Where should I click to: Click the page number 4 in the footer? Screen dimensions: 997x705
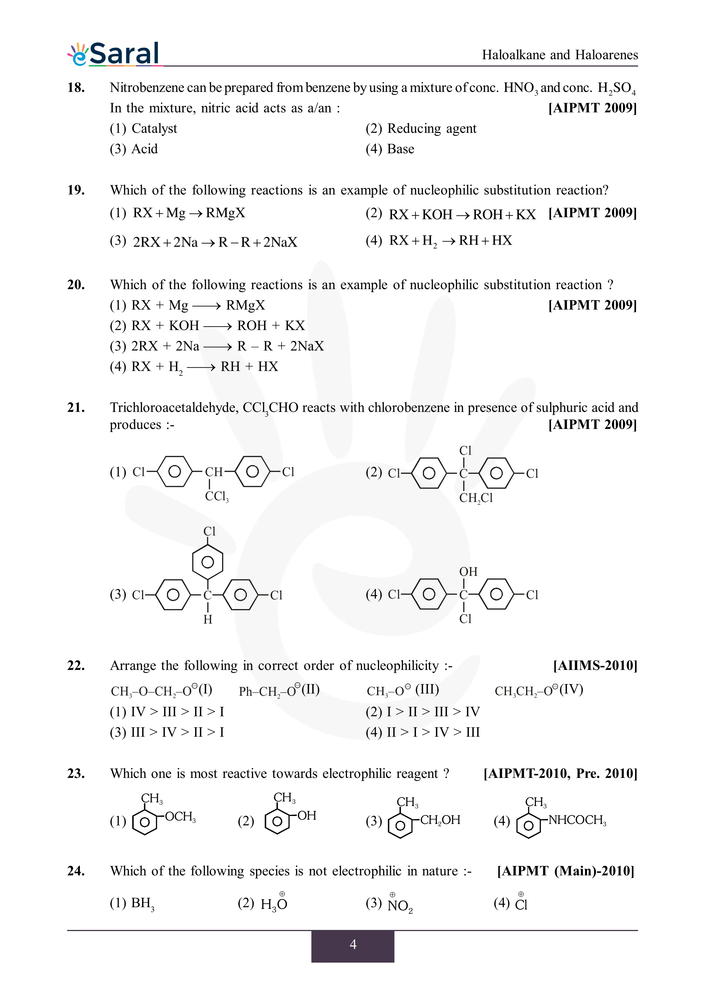(x=353, y=944)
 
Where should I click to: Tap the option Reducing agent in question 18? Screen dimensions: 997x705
(x=431, y=128)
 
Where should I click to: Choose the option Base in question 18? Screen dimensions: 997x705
(x=400, y=149)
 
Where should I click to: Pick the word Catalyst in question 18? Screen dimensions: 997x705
(x=154, y=128)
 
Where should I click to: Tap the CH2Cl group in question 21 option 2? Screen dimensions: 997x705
(x=476, y=498)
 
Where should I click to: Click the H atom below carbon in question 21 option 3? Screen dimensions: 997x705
(x=208, y=620)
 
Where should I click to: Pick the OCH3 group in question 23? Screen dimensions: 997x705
(x=180, y=817)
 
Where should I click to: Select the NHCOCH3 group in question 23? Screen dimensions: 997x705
(x=577, y=820)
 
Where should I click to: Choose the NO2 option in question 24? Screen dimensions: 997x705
(x=400, y=905)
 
